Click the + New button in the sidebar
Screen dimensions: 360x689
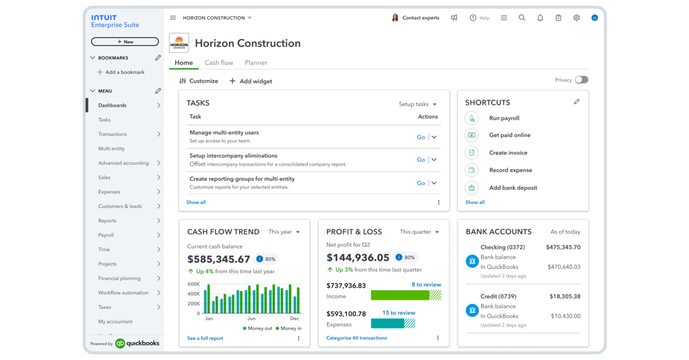point(125,42)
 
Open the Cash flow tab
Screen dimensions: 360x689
point(219,63)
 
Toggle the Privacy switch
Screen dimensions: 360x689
point(581,80)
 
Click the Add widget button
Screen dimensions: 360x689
point(251,81)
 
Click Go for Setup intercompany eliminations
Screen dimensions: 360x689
point(421,160)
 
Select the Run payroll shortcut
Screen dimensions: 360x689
point(504,118)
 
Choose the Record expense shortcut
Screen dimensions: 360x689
point(510,170)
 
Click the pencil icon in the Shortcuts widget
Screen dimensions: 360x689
point(576,102)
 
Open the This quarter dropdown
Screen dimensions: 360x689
point(419,232)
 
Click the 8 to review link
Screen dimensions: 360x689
point(426,285)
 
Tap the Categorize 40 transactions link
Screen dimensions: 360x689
point(357,338)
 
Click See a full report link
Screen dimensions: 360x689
point(205,338)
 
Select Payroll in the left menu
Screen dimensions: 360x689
point(106,235)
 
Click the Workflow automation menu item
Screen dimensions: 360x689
point(123,293)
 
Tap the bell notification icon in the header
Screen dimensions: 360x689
point(540,18)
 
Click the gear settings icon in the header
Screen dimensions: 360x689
point(576,18)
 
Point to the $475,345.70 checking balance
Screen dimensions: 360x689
point(563,247)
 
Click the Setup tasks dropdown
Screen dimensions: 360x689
point(417,104)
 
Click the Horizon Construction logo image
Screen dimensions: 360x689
point(179,43)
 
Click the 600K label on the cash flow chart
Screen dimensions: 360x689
point(193,284)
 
